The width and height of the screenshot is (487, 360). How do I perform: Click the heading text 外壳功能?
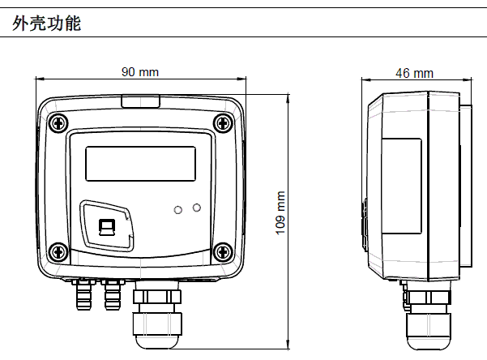tap(47, 24)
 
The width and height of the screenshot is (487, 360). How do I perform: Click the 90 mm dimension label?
tap(140, 72)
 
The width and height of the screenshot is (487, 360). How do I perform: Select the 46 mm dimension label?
tap(414, 73)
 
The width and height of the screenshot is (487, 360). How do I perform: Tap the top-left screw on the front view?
tap(58, 122)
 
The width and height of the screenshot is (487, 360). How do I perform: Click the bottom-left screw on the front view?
tap(58, 253)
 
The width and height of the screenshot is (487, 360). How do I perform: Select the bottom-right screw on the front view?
tap(222, 253)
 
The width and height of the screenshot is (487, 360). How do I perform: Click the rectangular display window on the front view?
tap(140, 164)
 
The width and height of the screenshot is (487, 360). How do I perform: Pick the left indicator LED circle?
tap(177, 210)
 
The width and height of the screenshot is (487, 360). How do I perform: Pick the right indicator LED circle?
tap(196, 208)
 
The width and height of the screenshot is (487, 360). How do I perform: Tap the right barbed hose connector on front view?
tap(112, 296)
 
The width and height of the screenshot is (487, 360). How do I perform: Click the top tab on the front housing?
tap(140, 101)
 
